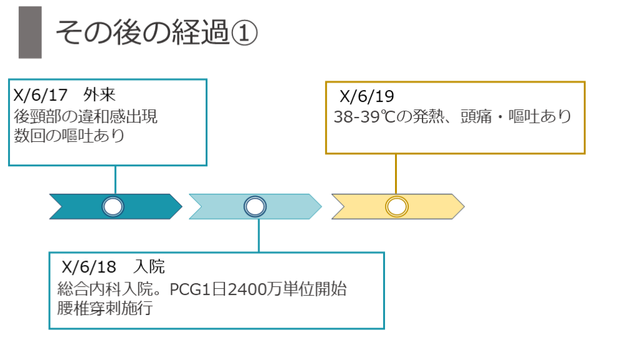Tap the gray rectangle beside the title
(x=30, y=32)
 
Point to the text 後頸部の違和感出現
(x=86, y=116)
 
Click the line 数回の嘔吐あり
(x=69, y=135)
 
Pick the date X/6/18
(x=89, y=267)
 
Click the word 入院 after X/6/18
(x=149, y=267)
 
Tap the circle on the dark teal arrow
(x=113, y=206)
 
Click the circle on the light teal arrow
(x=254, y=206)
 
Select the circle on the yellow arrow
(x=396, y=206)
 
